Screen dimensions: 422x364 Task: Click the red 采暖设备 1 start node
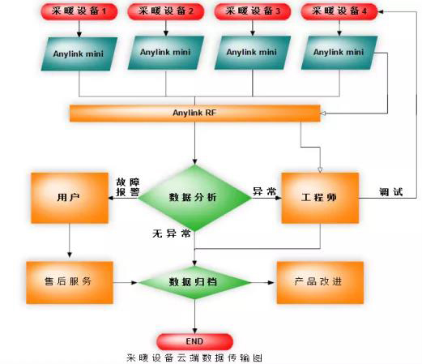coord(79,11)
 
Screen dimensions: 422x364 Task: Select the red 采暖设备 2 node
coord(166,11)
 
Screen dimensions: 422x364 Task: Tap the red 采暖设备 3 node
coord(253,11)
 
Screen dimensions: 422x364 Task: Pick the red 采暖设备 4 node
coord(339,11)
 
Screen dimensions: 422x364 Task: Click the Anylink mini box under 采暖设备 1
coord(79,54)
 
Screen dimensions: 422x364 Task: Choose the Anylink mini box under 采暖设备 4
coord(339,53)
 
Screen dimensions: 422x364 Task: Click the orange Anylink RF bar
coord(195,113)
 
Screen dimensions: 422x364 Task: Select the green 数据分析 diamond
coord(195,198)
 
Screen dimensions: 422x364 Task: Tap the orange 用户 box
coord(70,198)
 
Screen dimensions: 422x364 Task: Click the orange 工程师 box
coord(320,198)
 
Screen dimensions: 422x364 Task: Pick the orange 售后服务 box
coord(70,282)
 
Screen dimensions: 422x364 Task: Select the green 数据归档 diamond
coord(195,282)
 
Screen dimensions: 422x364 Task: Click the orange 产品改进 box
coord(320,282)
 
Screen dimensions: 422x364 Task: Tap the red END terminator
coord(194,341)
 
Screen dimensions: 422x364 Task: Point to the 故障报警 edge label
coord(128,187)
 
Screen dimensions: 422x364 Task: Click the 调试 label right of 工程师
coord(391,192)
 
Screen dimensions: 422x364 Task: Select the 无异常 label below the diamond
coord(172,233)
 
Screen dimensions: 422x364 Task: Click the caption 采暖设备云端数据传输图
coord(194,358)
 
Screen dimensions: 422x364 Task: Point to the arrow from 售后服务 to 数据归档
coord(126,283)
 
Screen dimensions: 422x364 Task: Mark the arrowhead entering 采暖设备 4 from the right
coord(381,11)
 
